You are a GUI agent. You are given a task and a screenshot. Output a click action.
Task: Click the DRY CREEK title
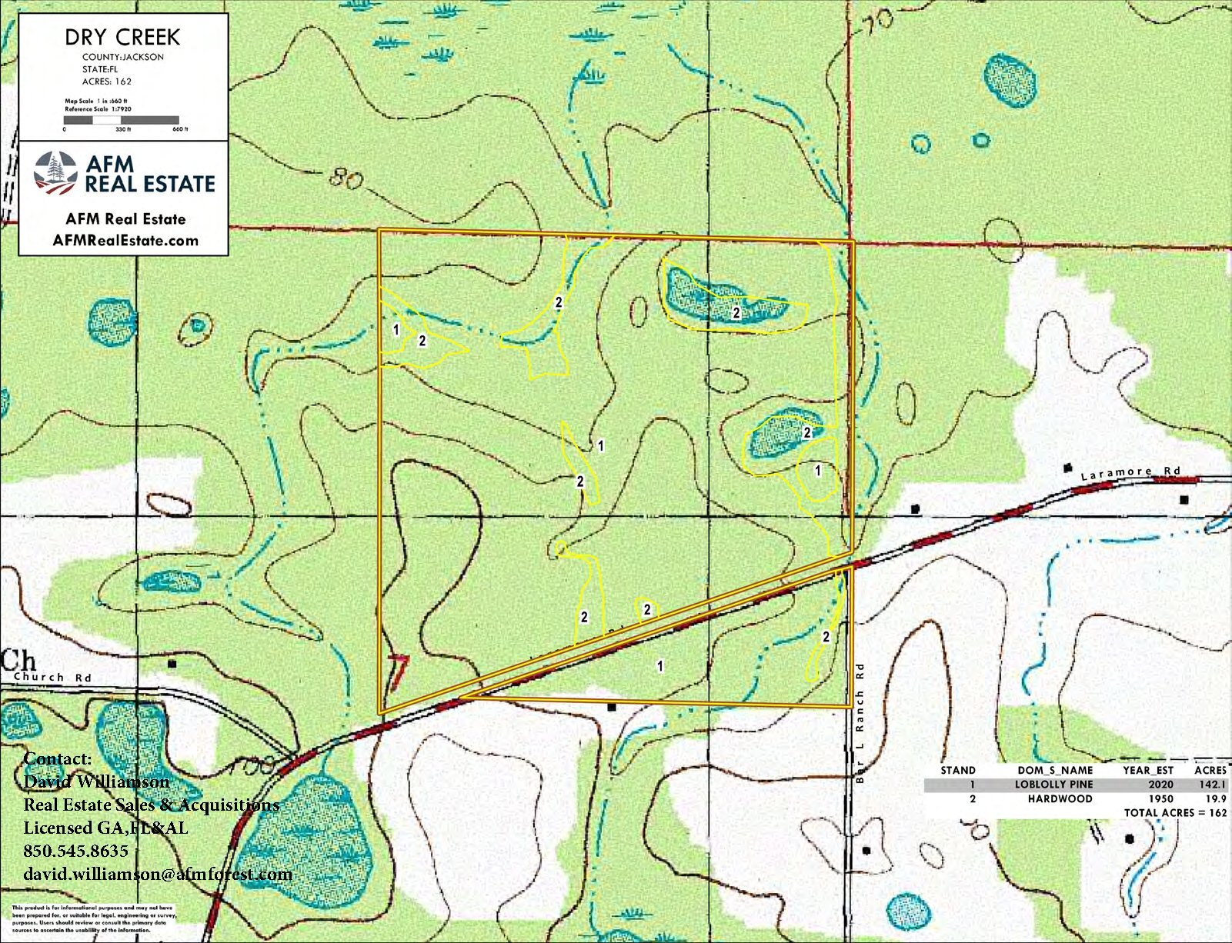pos(122,37)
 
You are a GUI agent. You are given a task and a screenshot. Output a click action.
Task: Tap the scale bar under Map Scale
pos(121,120)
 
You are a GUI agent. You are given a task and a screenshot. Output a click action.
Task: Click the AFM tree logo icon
pos(55,173)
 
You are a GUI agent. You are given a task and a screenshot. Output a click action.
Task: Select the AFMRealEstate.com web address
pos(125,241)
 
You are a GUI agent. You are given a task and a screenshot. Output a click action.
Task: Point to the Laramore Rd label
pos(1130,473)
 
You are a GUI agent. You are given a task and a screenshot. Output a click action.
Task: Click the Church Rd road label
pos(52,678)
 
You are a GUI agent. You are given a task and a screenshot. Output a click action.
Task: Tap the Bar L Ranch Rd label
pos(860,723)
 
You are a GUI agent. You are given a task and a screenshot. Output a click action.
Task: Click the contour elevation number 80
pos(346,179)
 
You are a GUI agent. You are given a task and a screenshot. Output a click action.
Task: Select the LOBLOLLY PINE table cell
pos(1053,785)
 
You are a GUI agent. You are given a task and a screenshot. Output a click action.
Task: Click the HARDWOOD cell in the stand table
pos(1060,798)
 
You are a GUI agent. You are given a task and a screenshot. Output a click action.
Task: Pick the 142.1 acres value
pos(1210,785)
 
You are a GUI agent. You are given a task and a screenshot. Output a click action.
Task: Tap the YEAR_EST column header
pos(1147,770)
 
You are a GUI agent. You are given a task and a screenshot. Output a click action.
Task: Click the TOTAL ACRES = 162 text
pos(1175,813)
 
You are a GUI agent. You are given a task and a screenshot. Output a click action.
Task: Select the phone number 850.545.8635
pos(75,851)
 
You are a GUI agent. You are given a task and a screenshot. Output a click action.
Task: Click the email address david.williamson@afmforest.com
pos(158,874)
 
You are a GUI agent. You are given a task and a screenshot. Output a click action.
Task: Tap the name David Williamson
pos(96,781)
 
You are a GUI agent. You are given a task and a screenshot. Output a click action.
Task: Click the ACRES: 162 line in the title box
pos(107,81)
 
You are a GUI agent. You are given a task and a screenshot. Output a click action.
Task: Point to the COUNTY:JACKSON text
pos(123,57)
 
